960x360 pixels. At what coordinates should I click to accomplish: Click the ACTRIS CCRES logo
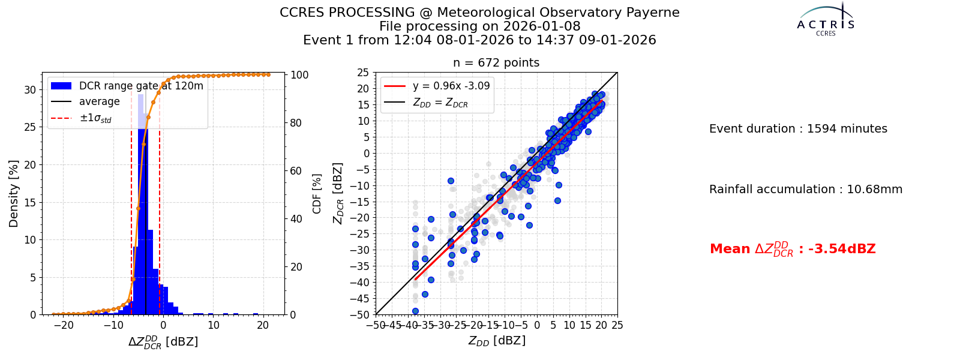point(826,19)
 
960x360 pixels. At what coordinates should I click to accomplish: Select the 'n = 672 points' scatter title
point(496,62)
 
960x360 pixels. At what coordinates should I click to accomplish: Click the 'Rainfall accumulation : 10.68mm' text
point(806,190)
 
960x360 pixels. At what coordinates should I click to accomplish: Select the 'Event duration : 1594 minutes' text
point(798,129)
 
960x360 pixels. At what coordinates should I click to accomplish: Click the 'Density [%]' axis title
point(14,194)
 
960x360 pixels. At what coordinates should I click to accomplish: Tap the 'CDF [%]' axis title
point(317,194)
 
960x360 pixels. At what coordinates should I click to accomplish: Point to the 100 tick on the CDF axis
point(299,75)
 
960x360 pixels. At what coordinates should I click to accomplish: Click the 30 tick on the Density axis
point(30,90)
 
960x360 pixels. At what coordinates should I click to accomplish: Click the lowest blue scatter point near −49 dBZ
point(415,311)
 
